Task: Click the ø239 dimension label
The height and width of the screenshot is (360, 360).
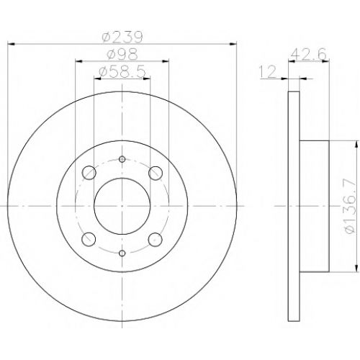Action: coord(122,37)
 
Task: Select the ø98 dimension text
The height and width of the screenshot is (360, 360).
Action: coord(122,55)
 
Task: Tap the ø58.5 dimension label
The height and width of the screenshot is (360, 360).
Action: coord(122,71)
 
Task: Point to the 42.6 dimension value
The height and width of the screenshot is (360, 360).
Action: coord(308,55)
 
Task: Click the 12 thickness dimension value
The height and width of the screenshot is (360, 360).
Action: coord(268,71)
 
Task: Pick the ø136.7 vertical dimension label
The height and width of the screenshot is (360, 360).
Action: coord(349,206)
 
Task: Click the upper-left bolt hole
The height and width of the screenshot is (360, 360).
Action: coord(89,173)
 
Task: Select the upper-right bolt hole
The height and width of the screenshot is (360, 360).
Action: coord(156,173)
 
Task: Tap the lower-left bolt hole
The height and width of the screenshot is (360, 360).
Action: coord(89,239)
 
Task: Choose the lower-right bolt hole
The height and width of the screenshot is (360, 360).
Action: coord(156,239)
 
